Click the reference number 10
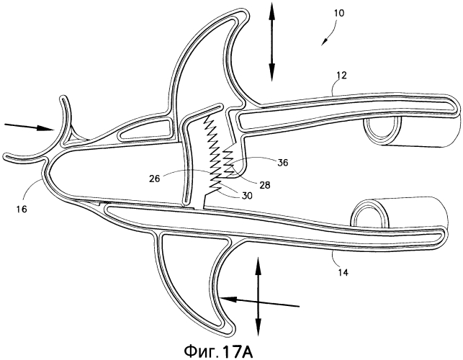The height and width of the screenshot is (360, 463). (x=339, y=13)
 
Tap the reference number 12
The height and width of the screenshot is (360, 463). (x=341, y=76)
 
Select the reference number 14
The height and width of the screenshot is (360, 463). (x=343, y=272)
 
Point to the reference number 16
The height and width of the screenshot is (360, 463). (x=22, y=209)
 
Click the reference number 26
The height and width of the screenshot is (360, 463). (x=154, y=179)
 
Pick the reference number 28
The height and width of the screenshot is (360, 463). (x=265, y=185)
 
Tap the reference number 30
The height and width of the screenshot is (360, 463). (x=247, y=195)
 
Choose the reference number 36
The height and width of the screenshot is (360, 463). (x=282, y=163)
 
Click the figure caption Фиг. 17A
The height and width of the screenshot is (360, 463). (x=219, y=351)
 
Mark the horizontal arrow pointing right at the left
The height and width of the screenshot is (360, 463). (x=28, y=127)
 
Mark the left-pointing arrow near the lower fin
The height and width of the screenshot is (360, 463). (x=259, y=302)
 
